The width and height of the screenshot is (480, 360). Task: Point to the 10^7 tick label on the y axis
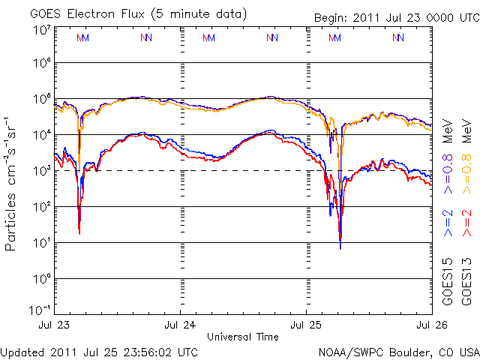click(x=41, y=30)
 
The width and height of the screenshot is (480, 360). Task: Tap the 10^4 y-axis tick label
click(x=41, y=133)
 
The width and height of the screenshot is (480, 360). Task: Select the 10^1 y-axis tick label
click(x=41, y=241)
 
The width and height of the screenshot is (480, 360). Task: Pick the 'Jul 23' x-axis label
click(x=54, y=325)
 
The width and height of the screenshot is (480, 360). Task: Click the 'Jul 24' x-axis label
click(x=180, y=325)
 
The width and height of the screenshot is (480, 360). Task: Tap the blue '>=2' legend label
click(x=448, y=223)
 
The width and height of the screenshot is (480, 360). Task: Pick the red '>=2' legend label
click(x=467, y=223)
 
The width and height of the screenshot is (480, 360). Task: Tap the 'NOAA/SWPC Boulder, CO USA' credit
click(x=398, y=352)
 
